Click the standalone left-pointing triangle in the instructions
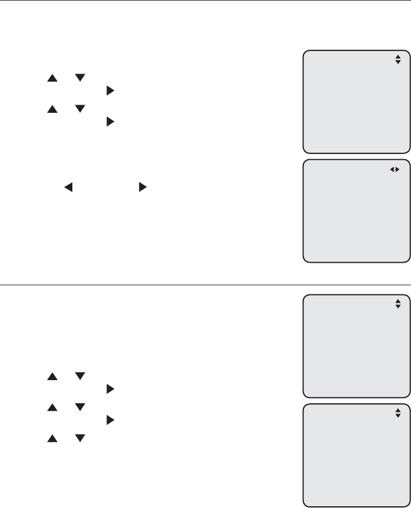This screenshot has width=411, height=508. (68, 188)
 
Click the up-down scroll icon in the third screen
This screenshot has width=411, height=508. (398, 303)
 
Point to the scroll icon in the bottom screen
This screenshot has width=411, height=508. (398, 413)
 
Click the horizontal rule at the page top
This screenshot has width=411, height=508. (205, 1)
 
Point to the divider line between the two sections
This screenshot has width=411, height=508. (205, 285)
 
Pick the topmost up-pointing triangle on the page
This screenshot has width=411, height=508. (52, 78)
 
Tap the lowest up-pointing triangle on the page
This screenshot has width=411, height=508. (52, 439)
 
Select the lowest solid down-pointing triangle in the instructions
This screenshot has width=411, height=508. (80, 439)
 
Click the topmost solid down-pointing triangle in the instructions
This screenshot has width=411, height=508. (80, 78)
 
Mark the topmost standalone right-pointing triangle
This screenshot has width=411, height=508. (110, 91)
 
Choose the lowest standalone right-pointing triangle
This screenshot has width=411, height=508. (110, 421)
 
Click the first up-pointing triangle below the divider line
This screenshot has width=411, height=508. (52, 376)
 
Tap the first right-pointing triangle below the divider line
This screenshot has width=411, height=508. (110, 389)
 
